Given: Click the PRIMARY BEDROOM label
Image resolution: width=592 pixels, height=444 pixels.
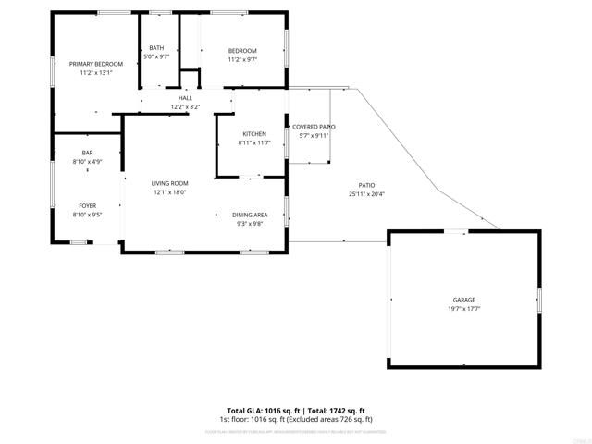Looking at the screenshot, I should [95, 64].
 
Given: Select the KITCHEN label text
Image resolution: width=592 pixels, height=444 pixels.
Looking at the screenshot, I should [254, 134].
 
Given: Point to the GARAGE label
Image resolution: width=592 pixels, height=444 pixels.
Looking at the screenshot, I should [463, 300].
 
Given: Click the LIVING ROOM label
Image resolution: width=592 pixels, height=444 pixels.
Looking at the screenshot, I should [170, 183].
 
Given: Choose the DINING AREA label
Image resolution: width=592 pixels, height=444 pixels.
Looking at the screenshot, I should [250, 215].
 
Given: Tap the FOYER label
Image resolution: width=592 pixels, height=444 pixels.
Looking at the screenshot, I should [87, 205].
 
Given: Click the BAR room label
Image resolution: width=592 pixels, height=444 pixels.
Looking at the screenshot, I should [87, 153].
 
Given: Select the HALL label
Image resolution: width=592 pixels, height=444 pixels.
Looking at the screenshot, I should [185, 98].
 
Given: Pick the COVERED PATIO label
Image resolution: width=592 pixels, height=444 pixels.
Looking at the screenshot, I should [314, 127].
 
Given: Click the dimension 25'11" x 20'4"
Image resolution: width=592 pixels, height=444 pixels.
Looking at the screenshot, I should [367, 194].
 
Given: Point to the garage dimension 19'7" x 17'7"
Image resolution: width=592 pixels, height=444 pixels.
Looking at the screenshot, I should [463, 309].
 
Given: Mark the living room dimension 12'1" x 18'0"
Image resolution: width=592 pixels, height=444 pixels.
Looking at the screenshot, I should [170, 192].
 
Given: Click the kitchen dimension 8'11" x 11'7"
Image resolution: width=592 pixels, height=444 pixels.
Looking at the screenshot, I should [254, 143].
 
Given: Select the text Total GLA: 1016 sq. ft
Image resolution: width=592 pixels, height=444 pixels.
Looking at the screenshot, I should [264, 410].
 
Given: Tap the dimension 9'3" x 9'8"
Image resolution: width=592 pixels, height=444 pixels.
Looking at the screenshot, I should [250, 224].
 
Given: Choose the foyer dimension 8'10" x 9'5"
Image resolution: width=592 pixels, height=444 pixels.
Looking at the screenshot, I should [87, 215].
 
